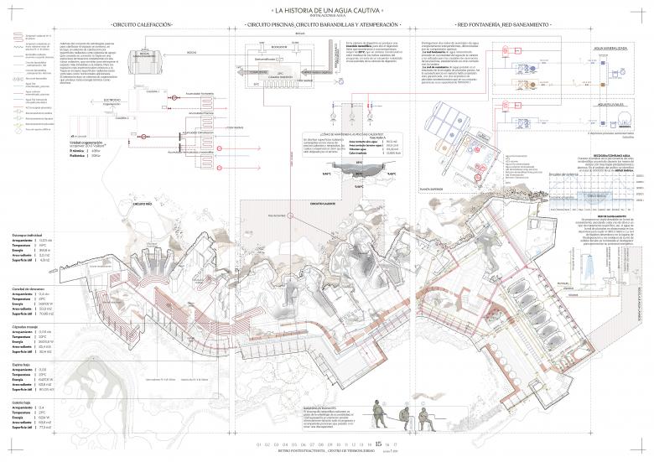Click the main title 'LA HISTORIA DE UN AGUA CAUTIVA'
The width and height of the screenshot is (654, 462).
point(327,10)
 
